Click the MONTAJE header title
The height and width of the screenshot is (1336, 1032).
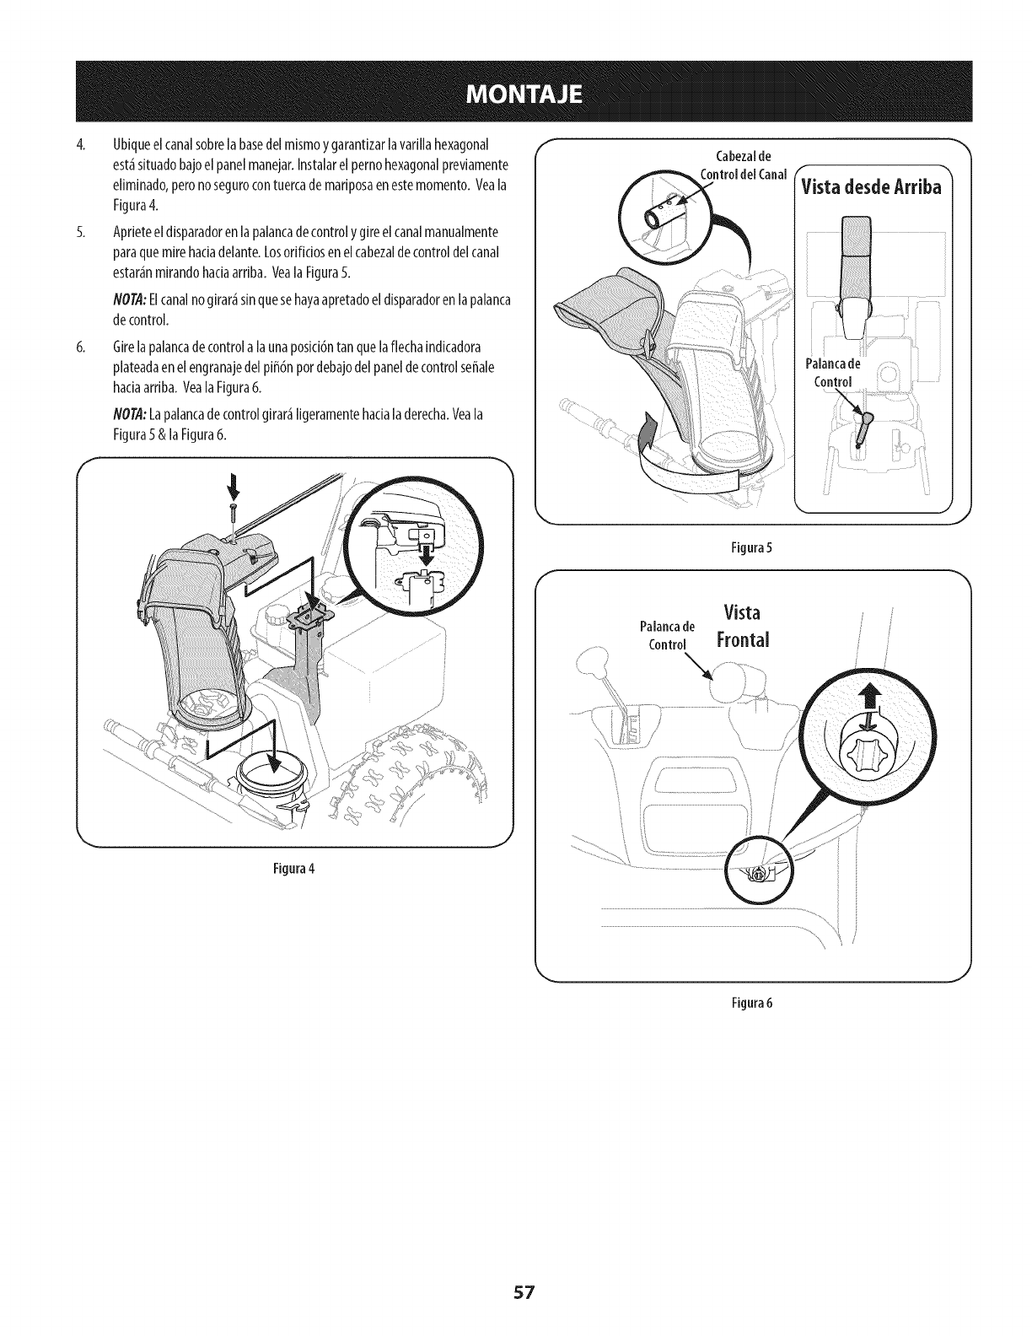tap(515, 92)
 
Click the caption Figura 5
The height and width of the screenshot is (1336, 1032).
tap(753, 547)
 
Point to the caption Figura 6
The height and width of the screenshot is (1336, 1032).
tap(753, 1004)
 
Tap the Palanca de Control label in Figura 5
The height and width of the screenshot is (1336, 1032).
tap(833, 372)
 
